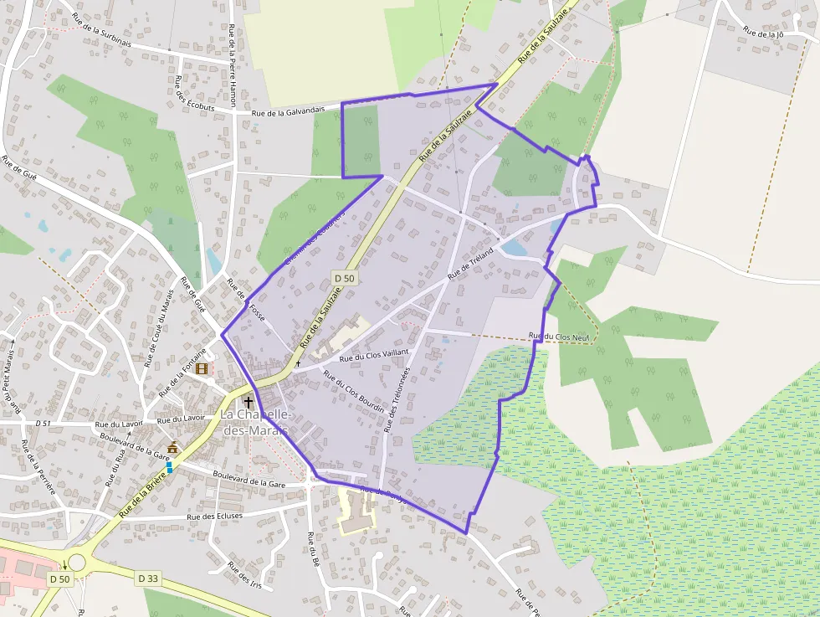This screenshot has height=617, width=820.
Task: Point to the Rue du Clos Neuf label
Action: (x=556, y=337)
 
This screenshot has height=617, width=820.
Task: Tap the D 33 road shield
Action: (x=148, y=578)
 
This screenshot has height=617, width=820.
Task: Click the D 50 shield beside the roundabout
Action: (x=59, y=578)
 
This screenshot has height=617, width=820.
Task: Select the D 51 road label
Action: (x=44, y=424)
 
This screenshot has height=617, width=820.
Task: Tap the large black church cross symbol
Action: (x=248, y=403)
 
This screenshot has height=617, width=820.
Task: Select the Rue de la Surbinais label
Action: (x=101, y=28)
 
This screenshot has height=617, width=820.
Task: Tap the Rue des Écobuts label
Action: (x=183, y=93)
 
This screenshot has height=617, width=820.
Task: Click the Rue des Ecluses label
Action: (x=215, y=517)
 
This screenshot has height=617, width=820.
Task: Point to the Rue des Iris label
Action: (x=244, y=578)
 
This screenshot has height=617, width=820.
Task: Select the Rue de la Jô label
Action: (x=763, y=34)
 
